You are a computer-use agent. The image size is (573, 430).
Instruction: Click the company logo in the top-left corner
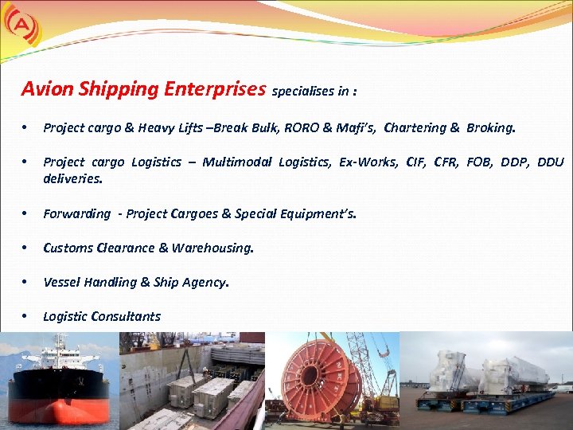pyautogui.click(x=18, y=25)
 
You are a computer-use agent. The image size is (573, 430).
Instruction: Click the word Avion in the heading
pyautogui.click(x=47, y=88)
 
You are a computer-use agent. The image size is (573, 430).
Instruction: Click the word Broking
pyautogui.click(x=491, y=127)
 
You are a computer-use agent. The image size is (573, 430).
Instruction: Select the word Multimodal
pyautogui.click(x=236, y=162)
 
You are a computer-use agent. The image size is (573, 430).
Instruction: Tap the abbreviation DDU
pyautogui.click(x=551, y=162)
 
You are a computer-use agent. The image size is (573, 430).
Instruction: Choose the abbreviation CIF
pyautogui.click(x=415, y=162)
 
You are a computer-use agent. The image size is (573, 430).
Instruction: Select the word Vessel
pyautogui.click(x=61, y=282)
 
